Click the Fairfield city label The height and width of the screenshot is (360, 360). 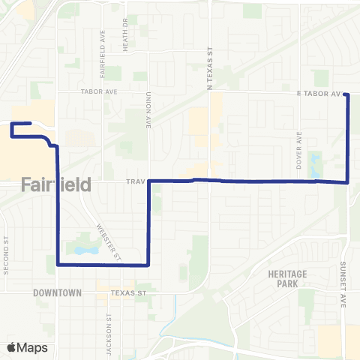(x=56, y=184)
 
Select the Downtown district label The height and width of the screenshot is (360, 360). (x=57, y=292)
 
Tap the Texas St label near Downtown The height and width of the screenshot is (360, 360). (x=125, y=292)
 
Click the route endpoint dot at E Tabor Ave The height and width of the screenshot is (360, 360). (x=346, y=94)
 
